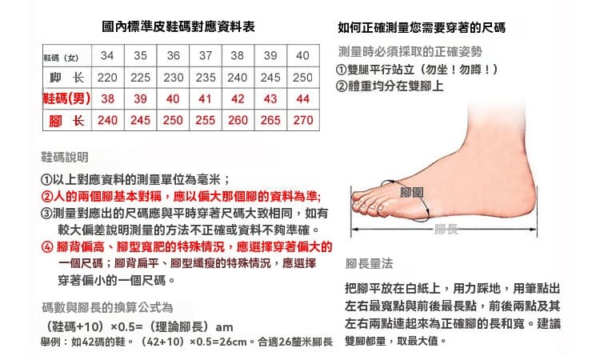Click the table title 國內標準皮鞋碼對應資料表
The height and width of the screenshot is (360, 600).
pos(178,26)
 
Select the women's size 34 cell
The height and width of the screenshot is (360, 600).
pos(107,55)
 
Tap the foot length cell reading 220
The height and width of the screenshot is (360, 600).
pos(107,78)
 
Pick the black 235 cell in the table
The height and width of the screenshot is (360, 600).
pos(206,78)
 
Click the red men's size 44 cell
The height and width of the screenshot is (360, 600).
pos(302,99)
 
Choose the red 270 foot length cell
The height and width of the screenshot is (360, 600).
pos(303,120)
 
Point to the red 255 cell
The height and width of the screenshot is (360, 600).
pos(206,120)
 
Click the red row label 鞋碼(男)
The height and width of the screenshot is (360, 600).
pos(67,98)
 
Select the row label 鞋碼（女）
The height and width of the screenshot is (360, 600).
pos(62,58)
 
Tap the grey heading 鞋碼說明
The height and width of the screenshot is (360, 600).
pos(65,157)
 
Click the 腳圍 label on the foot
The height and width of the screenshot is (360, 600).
pos(412,192)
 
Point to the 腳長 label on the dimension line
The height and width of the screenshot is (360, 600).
pos(446,229)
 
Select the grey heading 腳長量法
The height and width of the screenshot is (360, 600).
pos(369,263)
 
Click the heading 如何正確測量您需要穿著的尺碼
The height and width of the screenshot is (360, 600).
pos(422,27)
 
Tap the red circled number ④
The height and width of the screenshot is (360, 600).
pos(46,247)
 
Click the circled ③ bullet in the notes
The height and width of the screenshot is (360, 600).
pos(46,214)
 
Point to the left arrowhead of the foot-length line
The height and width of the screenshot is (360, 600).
pos(354,230)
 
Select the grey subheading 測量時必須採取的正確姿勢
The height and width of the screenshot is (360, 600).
pos(410,52)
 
